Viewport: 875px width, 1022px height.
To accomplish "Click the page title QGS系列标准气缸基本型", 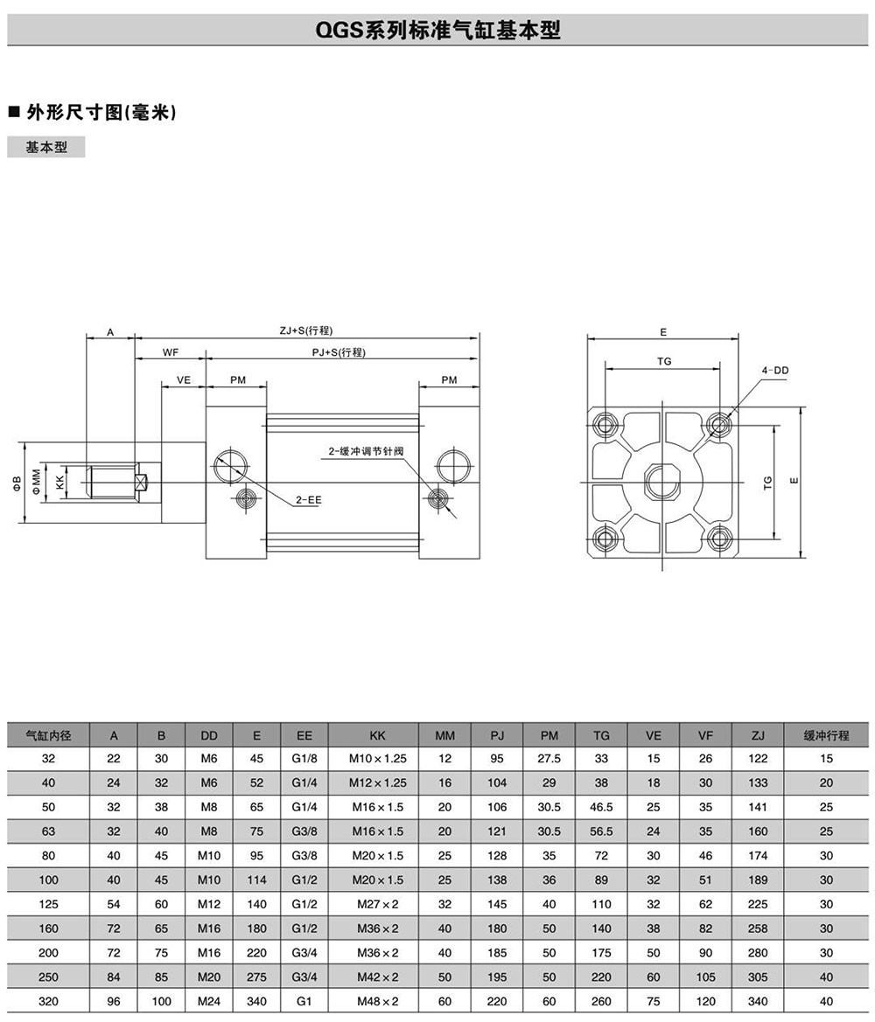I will click(437, 31).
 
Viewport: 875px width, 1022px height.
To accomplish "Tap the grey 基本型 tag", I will click(46, 147).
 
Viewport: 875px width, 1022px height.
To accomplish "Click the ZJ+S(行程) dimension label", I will click(305, 330).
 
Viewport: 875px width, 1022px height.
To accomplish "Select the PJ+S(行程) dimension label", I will click(339, 352).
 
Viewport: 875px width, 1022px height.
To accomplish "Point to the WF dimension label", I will click(171, 352).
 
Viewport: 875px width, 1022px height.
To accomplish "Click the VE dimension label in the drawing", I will click(184, 380).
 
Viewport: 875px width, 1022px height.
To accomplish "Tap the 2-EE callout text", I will click(308, 500).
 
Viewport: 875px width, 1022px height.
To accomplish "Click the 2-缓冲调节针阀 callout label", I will click(367, 451).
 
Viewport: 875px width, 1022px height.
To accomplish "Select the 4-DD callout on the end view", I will click(775, 371).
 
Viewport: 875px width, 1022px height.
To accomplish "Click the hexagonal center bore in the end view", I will click(662, 482).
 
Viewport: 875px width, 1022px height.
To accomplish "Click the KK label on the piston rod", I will click(59, 482).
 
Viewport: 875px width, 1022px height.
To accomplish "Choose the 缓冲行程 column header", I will click(826, 735).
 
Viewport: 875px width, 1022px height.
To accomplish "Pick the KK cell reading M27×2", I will click(377, 904).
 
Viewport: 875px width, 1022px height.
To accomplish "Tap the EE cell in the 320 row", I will click(304, 1001).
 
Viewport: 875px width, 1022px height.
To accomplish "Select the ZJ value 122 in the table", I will click(758, 758).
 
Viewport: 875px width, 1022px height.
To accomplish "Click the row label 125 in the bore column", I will click(49, 904).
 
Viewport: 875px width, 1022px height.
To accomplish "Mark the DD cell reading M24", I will click(209, 1001).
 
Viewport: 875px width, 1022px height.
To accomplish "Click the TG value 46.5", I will click(601, 807).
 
